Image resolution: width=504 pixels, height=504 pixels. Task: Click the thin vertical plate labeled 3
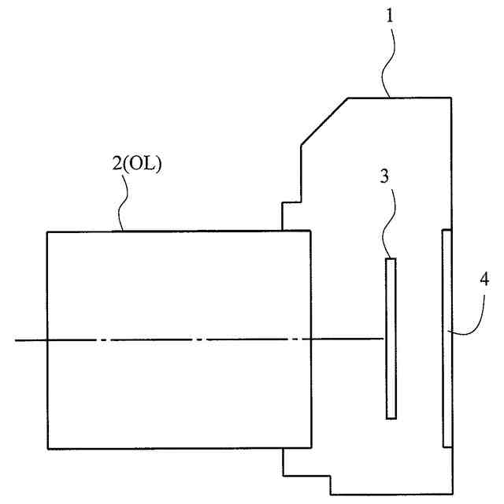click(x=390, y=339)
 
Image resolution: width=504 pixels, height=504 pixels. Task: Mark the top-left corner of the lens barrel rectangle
click(x=47, y=232)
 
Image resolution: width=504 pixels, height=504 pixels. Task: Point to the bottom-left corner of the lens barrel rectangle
click(x=47, y=449)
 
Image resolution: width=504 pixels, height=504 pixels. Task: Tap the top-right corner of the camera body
click(x=452, y=98)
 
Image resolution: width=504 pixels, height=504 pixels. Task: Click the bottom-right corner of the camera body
click(x=452, y=495)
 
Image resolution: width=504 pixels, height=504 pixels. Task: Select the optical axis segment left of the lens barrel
click(x=30, y=340)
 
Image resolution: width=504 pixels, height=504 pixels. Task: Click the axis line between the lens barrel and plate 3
click(x=346, y=340)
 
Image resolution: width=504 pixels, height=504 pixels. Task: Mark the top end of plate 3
click(x=390, y=259)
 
